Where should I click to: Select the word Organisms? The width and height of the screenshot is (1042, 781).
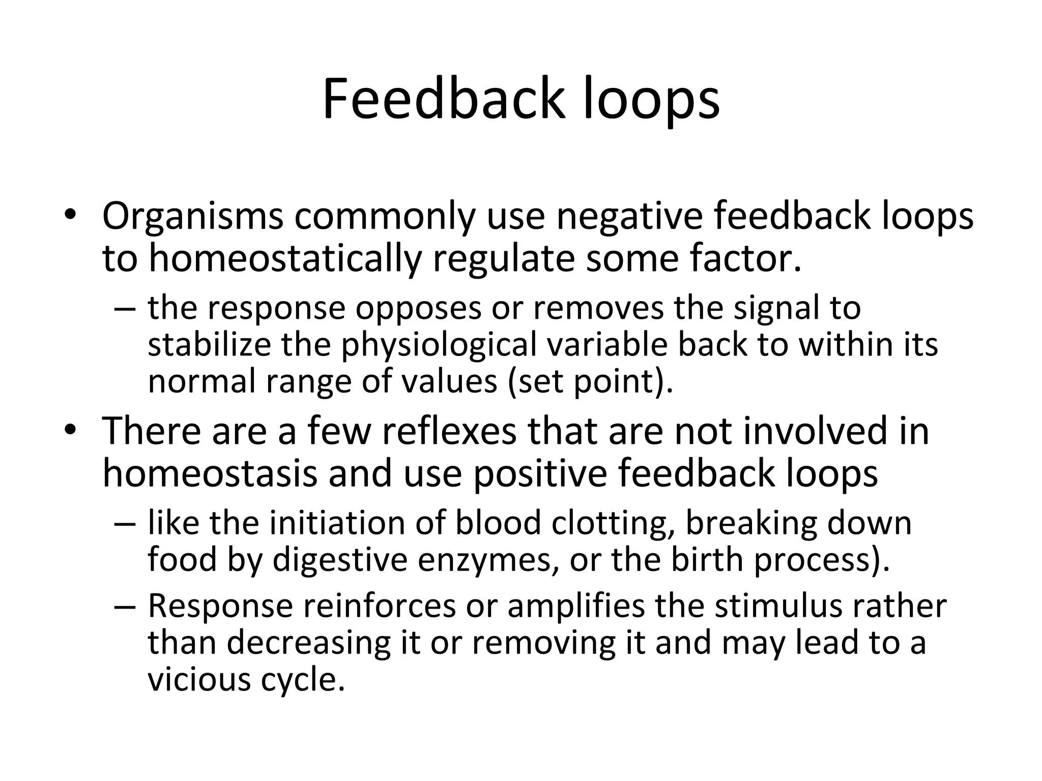point(193,217)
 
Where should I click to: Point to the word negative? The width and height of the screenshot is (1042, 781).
point(629,217)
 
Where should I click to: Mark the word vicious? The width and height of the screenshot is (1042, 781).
point(199,680)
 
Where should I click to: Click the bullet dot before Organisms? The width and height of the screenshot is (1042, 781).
point(70,216)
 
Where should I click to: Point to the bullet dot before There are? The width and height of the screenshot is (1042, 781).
point(70,430)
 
